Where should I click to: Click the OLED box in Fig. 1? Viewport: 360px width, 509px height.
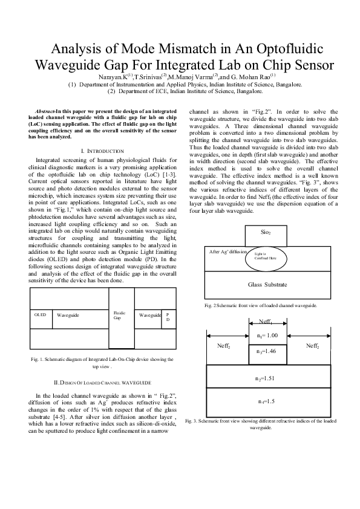[x=40, y=315]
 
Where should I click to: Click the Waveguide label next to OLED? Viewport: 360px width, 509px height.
[x=68, y=315]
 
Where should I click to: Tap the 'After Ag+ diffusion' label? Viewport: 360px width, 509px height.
[x=228, y=251]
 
